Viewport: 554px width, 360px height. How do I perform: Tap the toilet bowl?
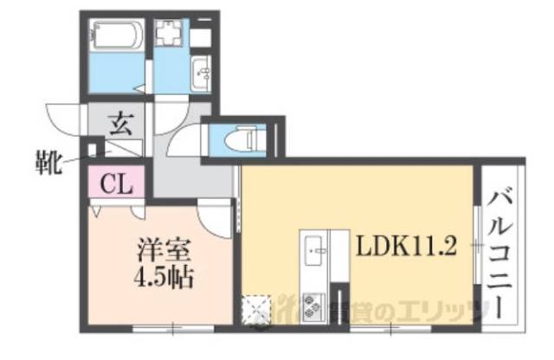pyautogui.click(x=245, y=137)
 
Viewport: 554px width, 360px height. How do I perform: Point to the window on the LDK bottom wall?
pyautogui.click(x=390, y=328)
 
